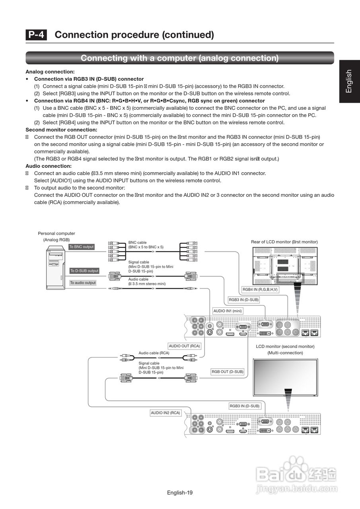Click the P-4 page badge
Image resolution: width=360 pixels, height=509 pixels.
click(x=36, y=35)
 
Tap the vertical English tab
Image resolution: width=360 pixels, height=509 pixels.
click(x=349, y=81)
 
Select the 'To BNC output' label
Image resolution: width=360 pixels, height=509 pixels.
click(x=82, y=247)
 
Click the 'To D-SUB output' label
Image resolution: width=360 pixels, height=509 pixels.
click(x=84, y=271)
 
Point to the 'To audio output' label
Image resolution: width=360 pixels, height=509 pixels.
click(x=83, y=283)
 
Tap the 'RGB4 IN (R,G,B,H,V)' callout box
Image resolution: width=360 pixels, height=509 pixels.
click(x=260, y=289)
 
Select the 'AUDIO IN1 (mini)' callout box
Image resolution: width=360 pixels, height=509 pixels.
click(x=228, y=311)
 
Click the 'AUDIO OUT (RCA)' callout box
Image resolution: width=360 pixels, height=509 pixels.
click(x=184, y=346)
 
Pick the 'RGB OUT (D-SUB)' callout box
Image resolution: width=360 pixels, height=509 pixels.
click(x=227, y=372)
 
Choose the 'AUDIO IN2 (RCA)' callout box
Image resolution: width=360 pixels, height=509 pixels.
click(x=165, y=413)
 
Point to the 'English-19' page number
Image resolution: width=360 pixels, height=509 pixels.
click(x=180, y=493)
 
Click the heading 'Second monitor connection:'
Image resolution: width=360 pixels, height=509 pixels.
click(x=61, y=130)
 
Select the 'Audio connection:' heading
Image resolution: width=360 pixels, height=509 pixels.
click(x=49, y=166)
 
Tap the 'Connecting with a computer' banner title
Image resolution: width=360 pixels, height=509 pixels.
click(x=179, y=58)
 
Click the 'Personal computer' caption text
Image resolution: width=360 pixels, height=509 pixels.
click(x=56, y=233)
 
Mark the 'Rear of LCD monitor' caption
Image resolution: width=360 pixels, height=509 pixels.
click(x=284, y=242)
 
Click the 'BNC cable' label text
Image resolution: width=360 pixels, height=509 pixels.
click(x=137, y=243)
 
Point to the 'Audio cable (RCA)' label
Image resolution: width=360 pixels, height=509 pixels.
click(x=154, y=353)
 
